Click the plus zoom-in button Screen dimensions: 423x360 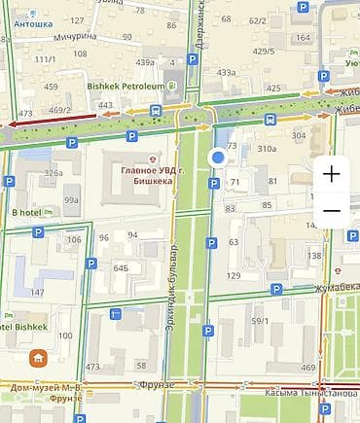pos(332,175)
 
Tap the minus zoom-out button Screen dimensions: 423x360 pos(332,211)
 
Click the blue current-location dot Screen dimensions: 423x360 pos(218,158)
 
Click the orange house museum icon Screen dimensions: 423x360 pos(38,358)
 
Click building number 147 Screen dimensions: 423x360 pos(37,292)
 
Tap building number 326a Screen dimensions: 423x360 pos(53,173)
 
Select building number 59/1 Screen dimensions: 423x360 pos(260,321)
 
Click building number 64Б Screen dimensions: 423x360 pos(121,266)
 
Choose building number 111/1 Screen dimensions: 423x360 pos(46,60)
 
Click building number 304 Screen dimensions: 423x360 pos(299,135)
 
